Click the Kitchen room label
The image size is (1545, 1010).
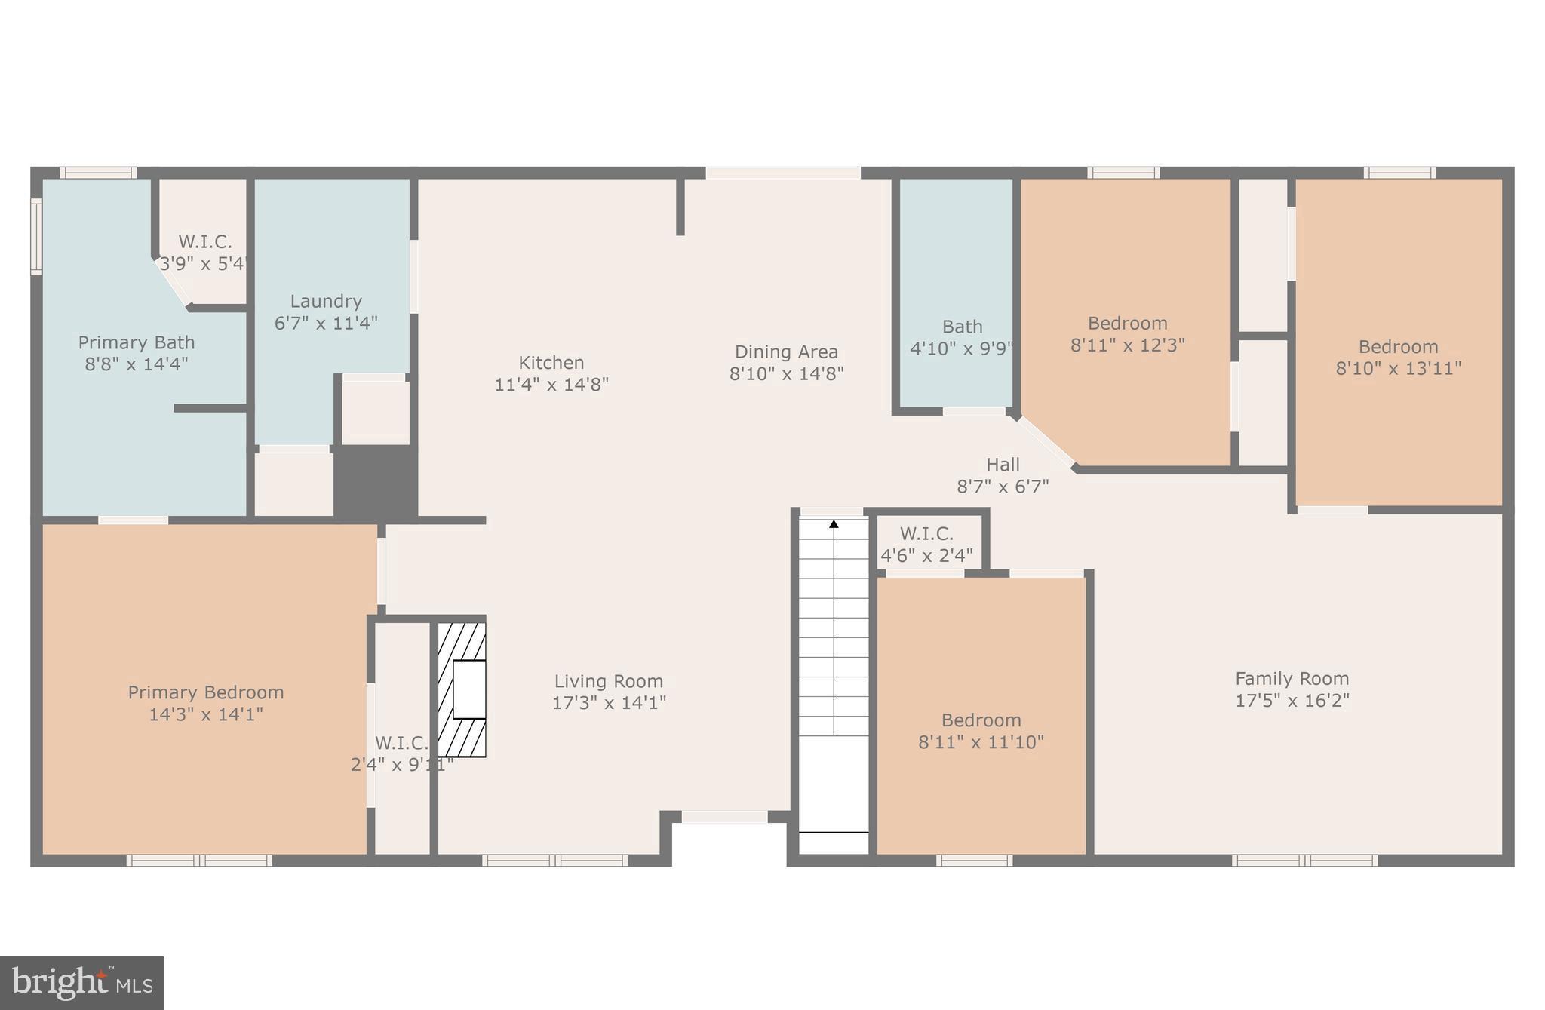(x=551, y=363)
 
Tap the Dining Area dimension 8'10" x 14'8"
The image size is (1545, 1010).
(x=786, y=373)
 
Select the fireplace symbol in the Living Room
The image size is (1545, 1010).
(x=462, y=689)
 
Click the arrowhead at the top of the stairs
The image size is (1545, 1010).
(x=834, y=523)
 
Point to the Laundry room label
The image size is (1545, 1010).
(x=326, y=302)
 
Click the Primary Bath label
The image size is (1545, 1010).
(x=137, y=342)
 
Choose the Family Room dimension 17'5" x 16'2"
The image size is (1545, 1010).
(x=1292, y=700)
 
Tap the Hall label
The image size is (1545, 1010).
(x=1003, y=465)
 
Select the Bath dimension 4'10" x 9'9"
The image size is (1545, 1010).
(x=962, y=348)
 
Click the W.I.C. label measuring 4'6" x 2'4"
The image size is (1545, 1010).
(x=926, y=534)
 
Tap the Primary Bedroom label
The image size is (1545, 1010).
(x=206, y=692)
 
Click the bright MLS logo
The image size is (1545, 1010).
(x=81, y=983)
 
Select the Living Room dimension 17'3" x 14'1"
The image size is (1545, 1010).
(x=609, y=703)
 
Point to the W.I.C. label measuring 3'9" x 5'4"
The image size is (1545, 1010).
(x=204, y=242)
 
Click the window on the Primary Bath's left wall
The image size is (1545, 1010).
(x=35, y=236)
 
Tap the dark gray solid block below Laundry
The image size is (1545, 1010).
(x=375, y=481)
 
